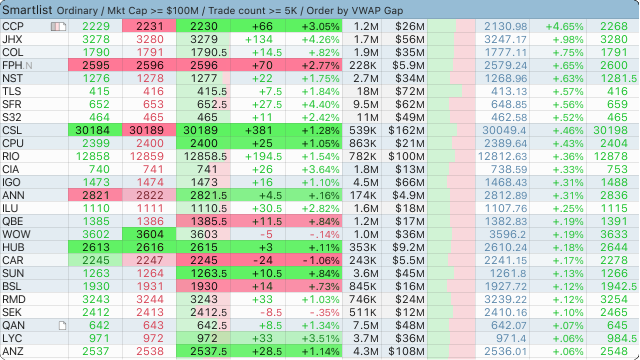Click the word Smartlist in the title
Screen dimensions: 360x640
point(28,10)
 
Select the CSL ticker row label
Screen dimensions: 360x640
point(13,130)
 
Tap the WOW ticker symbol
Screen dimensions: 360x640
point(16,234)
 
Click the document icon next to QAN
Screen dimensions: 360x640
point(62,326)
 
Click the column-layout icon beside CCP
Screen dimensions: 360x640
point(58,26)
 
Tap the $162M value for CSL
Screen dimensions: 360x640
point(406,130)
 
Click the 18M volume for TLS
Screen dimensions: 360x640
point(367,91)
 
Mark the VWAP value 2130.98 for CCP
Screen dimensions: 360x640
point(505,26)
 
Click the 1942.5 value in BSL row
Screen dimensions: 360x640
point(618,286)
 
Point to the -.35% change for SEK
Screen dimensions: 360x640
point(325,312)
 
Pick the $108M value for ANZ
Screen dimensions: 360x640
point(406,351)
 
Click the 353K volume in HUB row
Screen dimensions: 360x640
point(363,247)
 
